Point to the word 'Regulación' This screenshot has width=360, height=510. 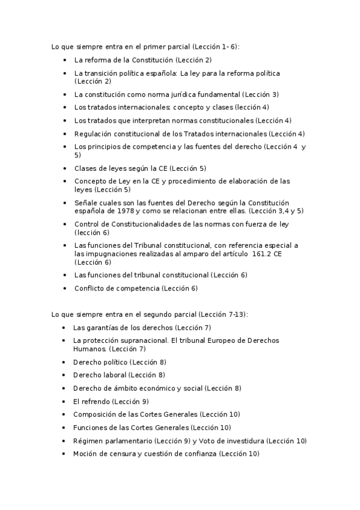[x=93, y=134]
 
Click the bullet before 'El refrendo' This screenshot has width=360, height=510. [x=64, y=401]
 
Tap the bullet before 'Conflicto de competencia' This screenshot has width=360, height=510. [x=64, y=288]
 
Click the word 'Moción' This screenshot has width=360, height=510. [x=85, y=453]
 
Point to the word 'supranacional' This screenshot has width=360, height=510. [x=143, y=340]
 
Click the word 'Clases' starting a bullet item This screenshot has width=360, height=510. [x=85, y=168]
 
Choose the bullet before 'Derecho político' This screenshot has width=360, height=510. [x=64, y=362]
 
